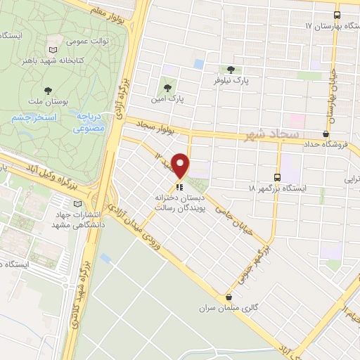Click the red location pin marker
point(181,166)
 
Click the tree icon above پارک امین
point(167,88)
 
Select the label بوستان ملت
point(65,102)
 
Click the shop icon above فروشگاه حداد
point(326,134)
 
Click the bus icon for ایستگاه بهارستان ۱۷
point(337,14)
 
